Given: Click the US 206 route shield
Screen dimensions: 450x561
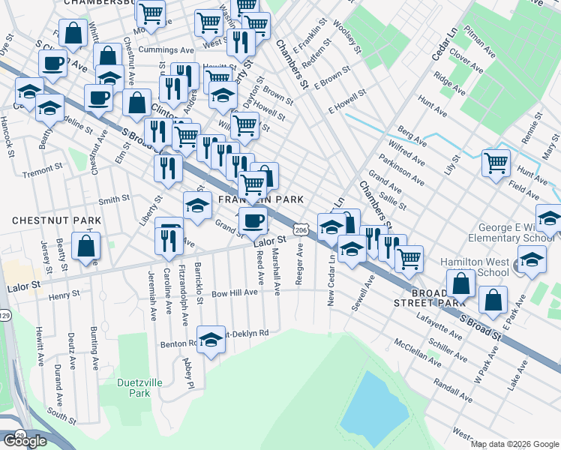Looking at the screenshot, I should pos(300,228).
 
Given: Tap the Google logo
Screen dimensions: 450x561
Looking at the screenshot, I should pos(25,441).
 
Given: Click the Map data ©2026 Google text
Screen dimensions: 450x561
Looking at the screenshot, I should pos(514,444).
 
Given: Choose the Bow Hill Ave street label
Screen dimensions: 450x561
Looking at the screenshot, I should pos(235,293).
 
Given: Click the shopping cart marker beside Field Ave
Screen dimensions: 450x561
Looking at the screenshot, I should pos(496,162).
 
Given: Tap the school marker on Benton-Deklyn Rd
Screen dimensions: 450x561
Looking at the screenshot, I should pos(211,338).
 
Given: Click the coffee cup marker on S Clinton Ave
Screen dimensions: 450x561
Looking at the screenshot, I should pos(52,63).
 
